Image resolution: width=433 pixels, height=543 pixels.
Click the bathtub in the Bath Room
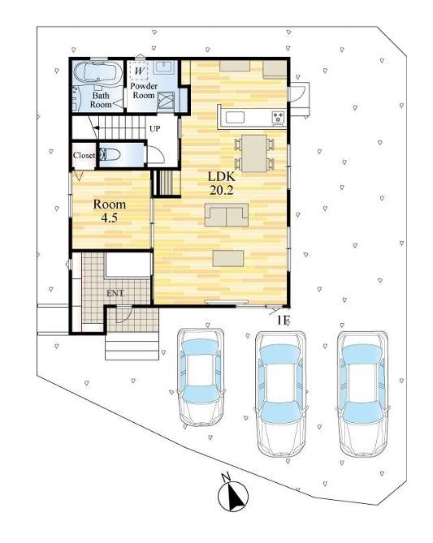[x=95, y=73]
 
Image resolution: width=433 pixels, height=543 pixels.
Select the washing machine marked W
[x=140, y=71]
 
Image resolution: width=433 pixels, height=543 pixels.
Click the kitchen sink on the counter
[x=235, y=117]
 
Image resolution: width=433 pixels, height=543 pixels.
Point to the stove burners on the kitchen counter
[x=278, y=117]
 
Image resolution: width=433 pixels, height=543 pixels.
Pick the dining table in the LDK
[x=254, y=153]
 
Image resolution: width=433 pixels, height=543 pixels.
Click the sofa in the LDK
[x=227, y=215]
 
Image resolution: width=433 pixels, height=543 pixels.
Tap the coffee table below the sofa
[x=228, y=258]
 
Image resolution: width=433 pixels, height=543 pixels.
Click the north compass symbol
[x=233, y=493]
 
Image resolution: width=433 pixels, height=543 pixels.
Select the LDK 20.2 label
[x=221, y=183]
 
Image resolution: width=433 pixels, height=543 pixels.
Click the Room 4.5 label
[x=109, y=210]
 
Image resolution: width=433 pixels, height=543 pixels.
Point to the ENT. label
[x=116, y=294]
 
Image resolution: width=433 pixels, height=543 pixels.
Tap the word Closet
[x=84, y=156]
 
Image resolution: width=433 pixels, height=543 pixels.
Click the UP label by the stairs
[x=154, y=129]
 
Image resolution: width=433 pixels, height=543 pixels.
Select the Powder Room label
[x=144, y=90]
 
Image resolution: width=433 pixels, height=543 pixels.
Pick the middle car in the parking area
[x=280, y=394]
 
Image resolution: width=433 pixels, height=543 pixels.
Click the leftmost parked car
[x=201, y=377]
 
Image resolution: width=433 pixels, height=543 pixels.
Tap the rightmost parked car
[x=362, y=394]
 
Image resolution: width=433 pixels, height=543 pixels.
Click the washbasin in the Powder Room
[x=165, y=66]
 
